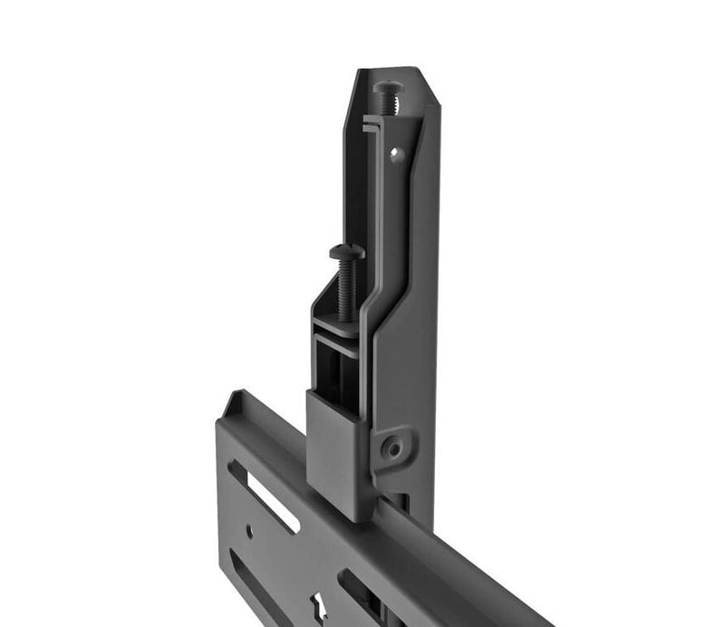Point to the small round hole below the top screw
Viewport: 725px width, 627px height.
click(x=395, y=153)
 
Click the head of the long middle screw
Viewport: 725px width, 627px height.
click(x=346, y=251)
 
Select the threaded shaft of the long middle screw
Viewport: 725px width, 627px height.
click(x=346, y=285)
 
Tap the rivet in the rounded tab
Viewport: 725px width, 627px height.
click(x=392, y=446)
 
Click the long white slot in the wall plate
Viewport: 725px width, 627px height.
click(x=266, y=497)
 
